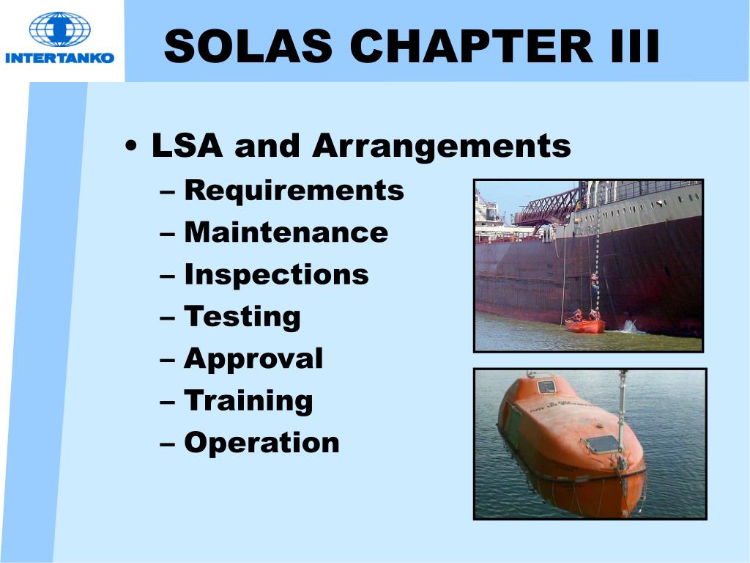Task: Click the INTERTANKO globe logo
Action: click(59, 29)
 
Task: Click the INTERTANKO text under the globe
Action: click(59, 57)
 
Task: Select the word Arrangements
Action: click(441, 146)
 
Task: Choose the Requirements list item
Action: click(294, 191)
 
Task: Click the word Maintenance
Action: click(286, 233)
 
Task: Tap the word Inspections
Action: click(276, 275)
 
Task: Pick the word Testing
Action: click(242, 317)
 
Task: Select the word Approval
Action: click(253, 358)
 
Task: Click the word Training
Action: click(248, 401)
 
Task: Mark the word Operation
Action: click(261, 443)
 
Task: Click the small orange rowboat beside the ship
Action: click(585, 325)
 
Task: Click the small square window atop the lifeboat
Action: click(546, 386)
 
